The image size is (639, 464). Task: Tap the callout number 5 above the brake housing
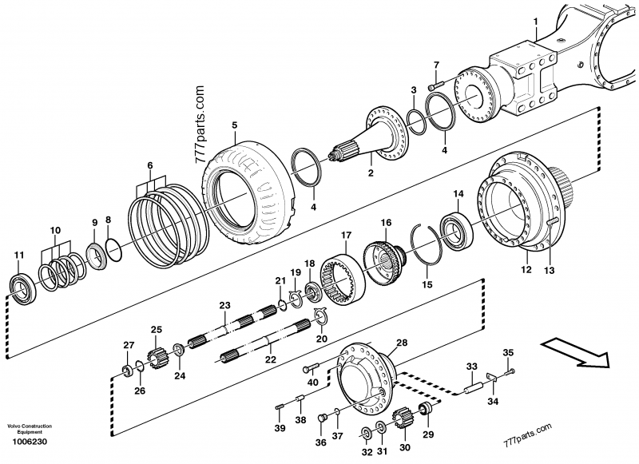tap(235, 125)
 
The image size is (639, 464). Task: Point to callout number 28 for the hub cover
tap(402, 343)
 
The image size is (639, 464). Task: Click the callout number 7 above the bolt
tap(436, 65)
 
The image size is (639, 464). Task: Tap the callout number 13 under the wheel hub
tap(549, 271)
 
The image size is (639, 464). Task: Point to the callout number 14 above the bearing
tap(458, 194)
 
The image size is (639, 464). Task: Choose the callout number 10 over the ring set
tap(55, 231)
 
